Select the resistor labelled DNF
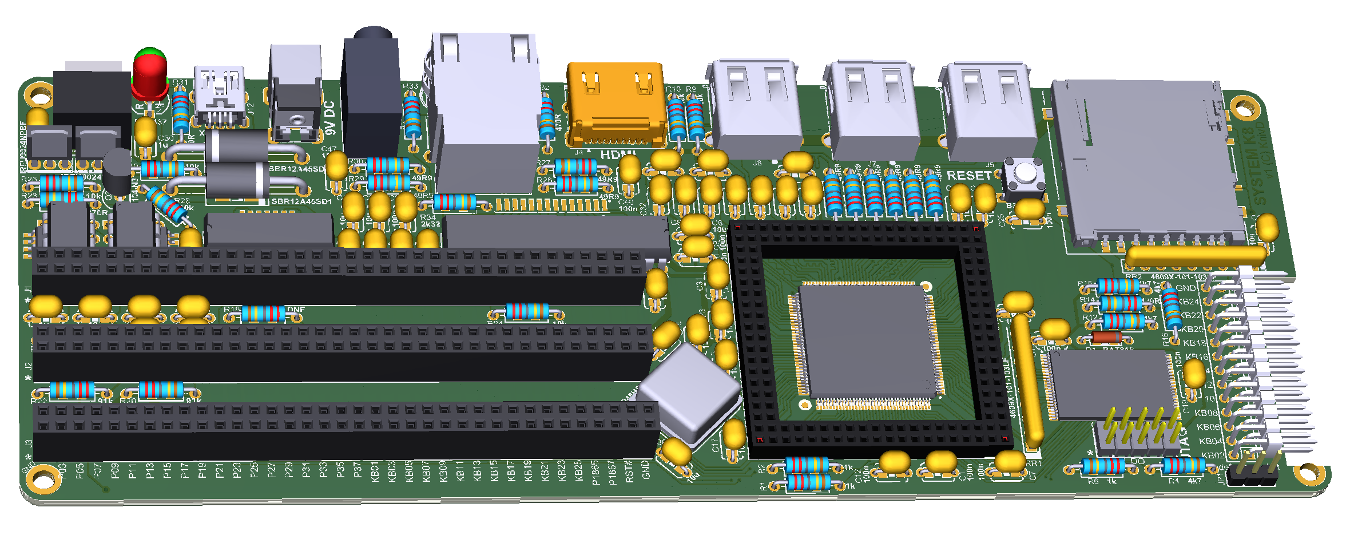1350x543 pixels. [x=263, y=314]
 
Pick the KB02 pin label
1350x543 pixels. [x=1212, y=455]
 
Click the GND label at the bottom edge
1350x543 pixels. [x=646, y=469]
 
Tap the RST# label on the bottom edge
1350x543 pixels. [x=629, y=471]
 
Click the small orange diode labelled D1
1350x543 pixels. [x=1106, y=337]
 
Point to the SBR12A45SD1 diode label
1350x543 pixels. [x=301, y=201]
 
